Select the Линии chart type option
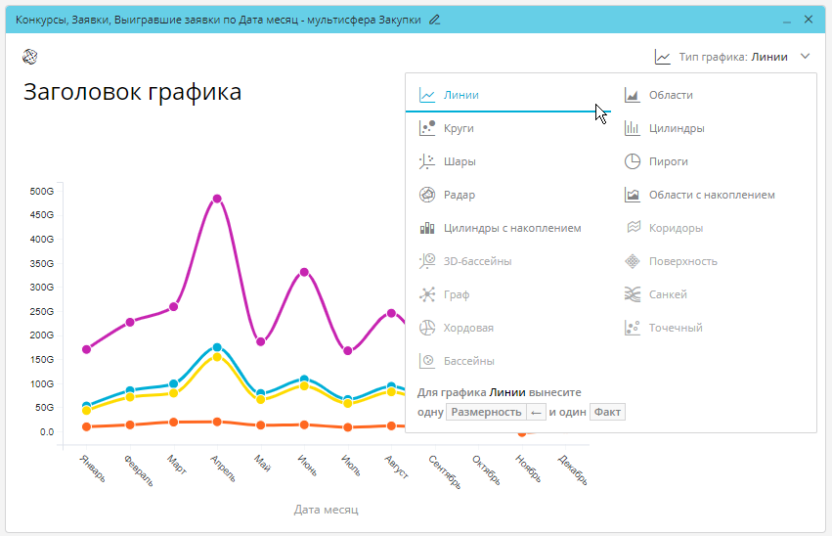point(460,95)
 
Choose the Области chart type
point(671,95)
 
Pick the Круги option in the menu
point(459,128)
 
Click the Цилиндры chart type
point(677,128)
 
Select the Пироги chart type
point(669,161)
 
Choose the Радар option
point(459,195)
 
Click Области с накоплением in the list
point(711,195)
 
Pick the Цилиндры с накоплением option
point(511,228)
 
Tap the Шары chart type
point(460,161)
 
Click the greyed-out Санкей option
point(668,294)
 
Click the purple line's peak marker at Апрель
point(217,199)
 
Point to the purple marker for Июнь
point(304,272)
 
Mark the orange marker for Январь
point(87,426)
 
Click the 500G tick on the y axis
point(42,191)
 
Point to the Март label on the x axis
point(176,463)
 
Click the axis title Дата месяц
point(326,510)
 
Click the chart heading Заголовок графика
point(132,93)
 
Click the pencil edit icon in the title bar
point(434,19)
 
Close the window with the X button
point(809,19)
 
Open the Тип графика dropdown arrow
point(805,57)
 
